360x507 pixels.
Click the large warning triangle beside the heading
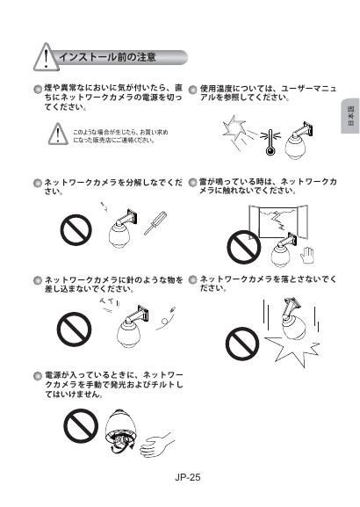pos(47,58)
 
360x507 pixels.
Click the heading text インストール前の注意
pos(107,57)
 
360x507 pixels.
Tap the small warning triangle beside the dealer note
pos(58,134)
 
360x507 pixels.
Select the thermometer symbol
pos(270,142)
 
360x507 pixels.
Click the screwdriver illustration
pos(155,223)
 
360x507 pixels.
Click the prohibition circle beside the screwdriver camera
pos(76,230)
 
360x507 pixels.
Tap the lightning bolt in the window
pos(278,220)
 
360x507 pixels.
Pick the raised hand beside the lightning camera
pos(306,256)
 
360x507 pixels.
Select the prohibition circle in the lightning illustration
pos(244,248)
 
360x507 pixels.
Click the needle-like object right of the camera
pos(166,318)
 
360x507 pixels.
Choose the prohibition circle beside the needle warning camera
pos(74,330)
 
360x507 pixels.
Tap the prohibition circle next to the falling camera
pos(242,344)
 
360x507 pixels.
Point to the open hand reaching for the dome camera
pos(156,444)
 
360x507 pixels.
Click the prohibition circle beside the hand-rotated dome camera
pos(81,425)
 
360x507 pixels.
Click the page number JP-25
pos(188,477)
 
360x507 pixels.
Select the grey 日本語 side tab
pos(350,116)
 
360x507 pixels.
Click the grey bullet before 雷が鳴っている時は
pos(193,183)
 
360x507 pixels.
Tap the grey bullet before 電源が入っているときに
pos(38,376)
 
